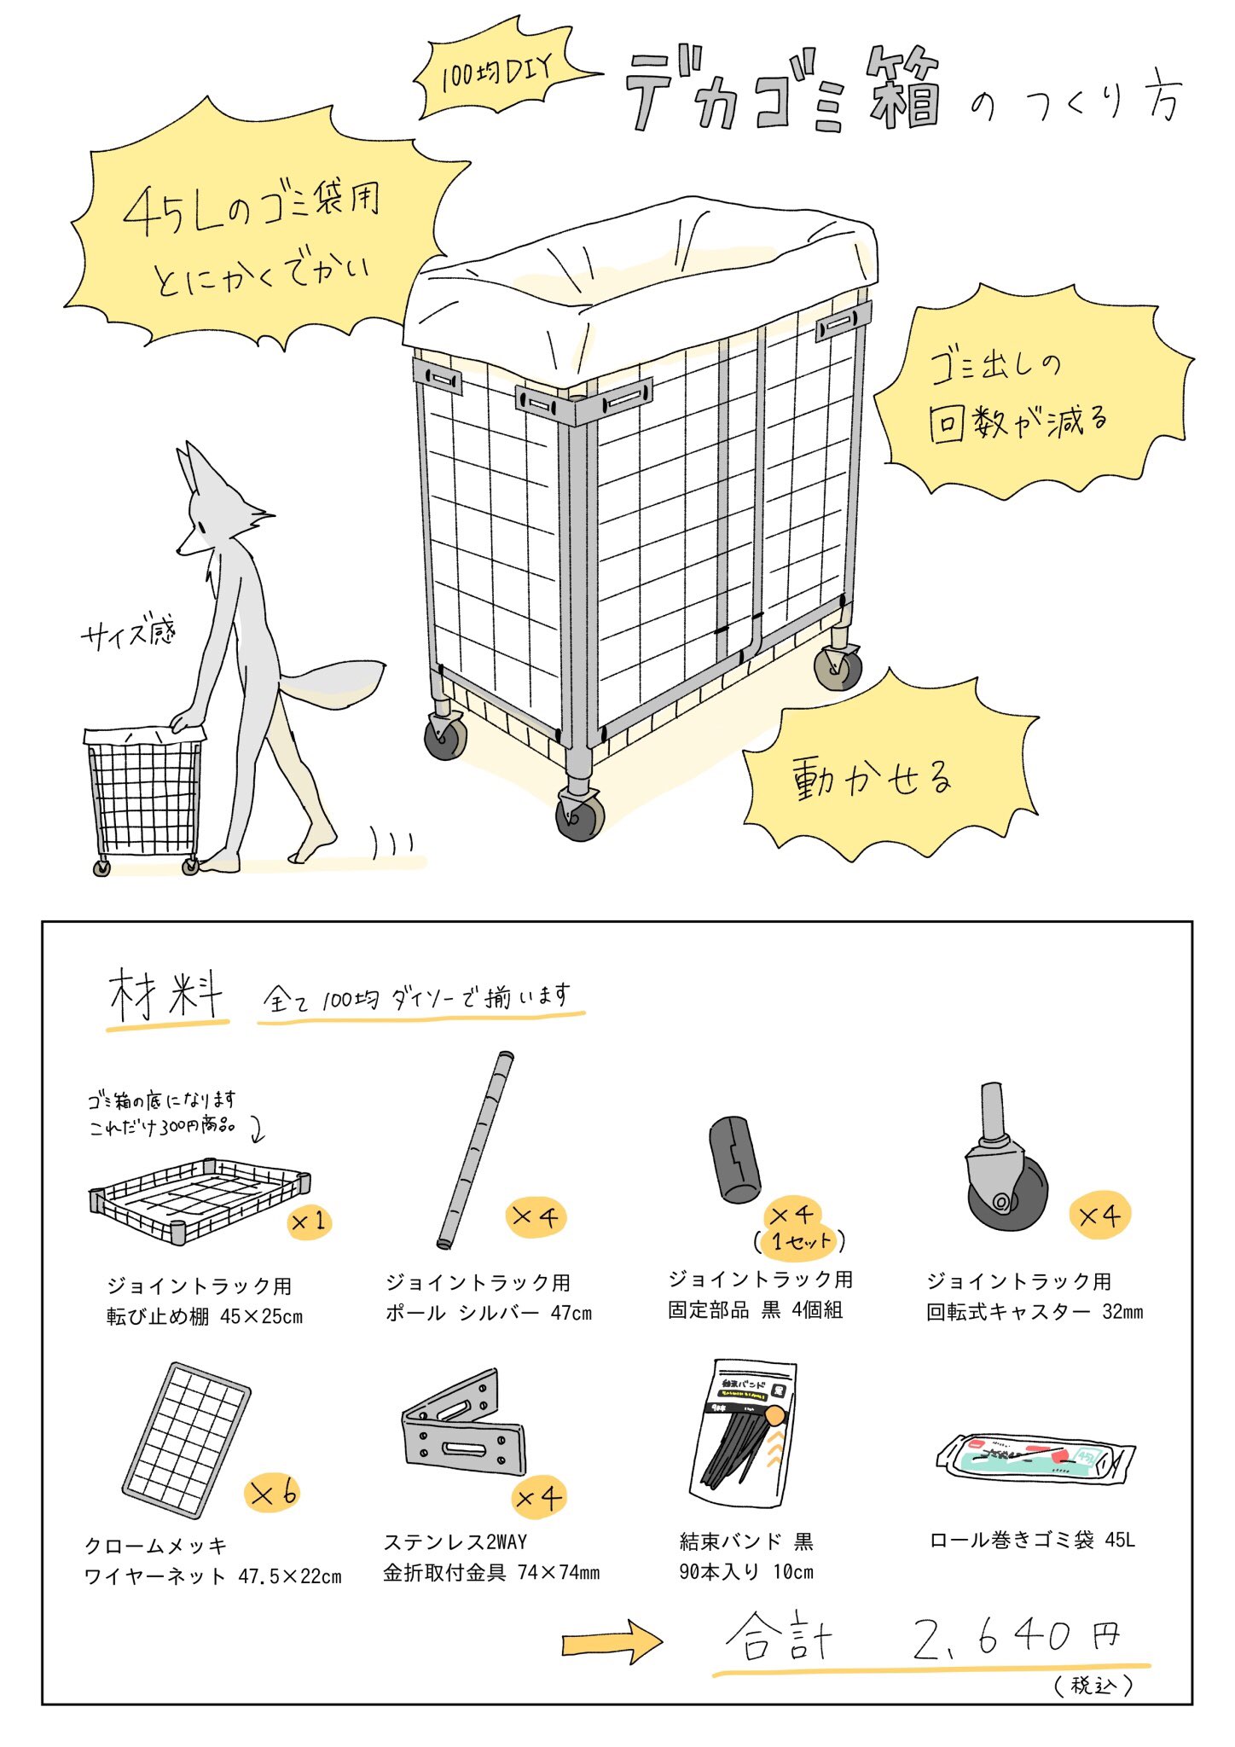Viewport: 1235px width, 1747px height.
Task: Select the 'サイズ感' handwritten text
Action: (x=128, y=633)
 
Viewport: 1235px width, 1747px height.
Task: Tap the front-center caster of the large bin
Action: (x=579, y=815)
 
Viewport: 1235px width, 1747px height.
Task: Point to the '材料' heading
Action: (x=166, y=995)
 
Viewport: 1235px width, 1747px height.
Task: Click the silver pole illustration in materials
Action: (x=475, y=1151)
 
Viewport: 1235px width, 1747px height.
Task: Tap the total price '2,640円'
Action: (x=1015, y=1638)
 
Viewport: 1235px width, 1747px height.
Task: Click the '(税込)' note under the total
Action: (x=1093, y=1686)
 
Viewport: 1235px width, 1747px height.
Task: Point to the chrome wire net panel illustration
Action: (x=187, y=1439)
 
